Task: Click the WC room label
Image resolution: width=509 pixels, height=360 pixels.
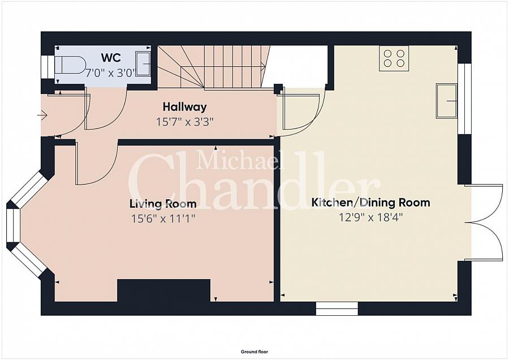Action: [x=111, y=58]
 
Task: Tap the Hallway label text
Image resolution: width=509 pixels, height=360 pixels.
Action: [x=185, y=106]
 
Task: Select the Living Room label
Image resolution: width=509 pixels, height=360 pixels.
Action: [x=163, y=204]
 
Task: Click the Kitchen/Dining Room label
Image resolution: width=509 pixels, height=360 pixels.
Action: [x=370, y=203]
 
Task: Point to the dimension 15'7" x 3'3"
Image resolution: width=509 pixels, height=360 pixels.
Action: [x=185, y=122]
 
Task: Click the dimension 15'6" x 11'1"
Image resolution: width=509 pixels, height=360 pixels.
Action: [x=163, y=218]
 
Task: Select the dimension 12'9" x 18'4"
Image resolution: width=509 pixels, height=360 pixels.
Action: [x=370, y=217]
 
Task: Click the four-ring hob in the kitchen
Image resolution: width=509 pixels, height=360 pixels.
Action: [x=394, y=58]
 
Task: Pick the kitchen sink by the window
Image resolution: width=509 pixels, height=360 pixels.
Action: [x=447, y=101]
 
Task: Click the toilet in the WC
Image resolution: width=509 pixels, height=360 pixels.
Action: [x=70, y=65]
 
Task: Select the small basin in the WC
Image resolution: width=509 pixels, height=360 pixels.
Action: [x=143, y=64]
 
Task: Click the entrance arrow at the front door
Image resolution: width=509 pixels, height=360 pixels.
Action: [x=42, y=115]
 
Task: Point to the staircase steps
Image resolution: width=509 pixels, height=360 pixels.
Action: [x=214, y=67]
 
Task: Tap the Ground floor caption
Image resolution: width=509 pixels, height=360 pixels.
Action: [x=255, y=352]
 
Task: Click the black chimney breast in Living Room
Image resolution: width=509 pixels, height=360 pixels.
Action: [x=163, y=290]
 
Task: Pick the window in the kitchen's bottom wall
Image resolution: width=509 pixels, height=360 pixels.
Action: [x=337, y=308]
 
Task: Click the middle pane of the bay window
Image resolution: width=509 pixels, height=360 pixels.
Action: [x=14, y=225]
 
